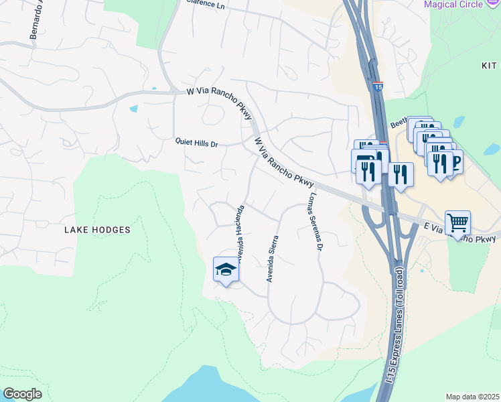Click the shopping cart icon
[457, 222]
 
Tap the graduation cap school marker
[226, 269]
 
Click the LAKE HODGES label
[97, 229]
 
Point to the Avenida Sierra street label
[273, 259]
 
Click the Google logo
[22, 394]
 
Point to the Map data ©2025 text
[473, 397]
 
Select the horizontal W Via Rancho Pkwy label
[211, 92]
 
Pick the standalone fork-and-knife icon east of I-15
[401, 174]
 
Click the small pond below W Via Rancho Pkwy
[133, 109]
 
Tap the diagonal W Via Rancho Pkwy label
[284, 162]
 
